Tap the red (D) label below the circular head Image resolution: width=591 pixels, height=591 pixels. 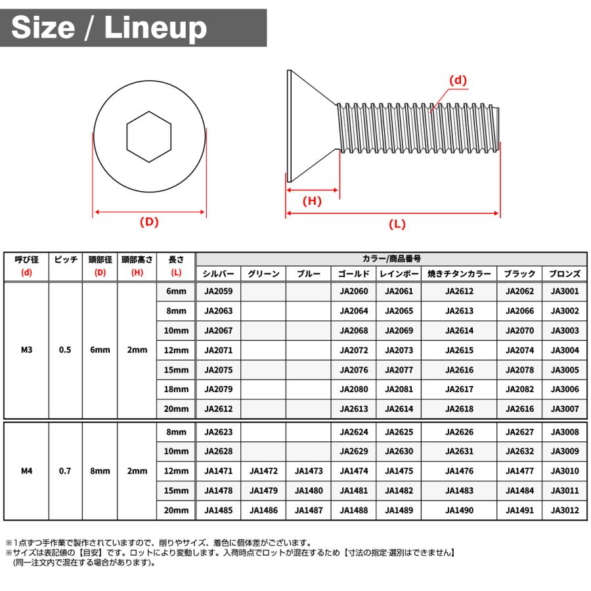150,222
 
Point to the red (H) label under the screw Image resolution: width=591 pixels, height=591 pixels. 312,201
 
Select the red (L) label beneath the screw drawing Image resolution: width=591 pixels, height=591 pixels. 397,224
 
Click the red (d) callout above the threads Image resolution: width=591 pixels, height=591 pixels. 457,81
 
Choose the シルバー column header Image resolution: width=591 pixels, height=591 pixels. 219,274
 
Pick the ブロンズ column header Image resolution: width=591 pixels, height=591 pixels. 565,274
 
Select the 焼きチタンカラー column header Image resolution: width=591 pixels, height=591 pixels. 459,274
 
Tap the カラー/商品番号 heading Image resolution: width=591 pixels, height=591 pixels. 391,259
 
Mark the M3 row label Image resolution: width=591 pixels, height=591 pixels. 26,350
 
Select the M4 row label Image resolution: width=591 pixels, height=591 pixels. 26,471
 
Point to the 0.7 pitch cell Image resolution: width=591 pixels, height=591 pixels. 65,471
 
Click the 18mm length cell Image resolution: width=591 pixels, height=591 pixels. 176,389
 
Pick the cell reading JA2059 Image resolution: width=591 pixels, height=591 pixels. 219,292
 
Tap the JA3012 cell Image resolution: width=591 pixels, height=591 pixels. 565,510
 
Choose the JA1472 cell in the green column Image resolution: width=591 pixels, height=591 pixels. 263,471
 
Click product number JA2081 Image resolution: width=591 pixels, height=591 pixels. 399,389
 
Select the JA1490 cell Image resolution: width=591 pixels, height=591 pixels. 459,510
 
